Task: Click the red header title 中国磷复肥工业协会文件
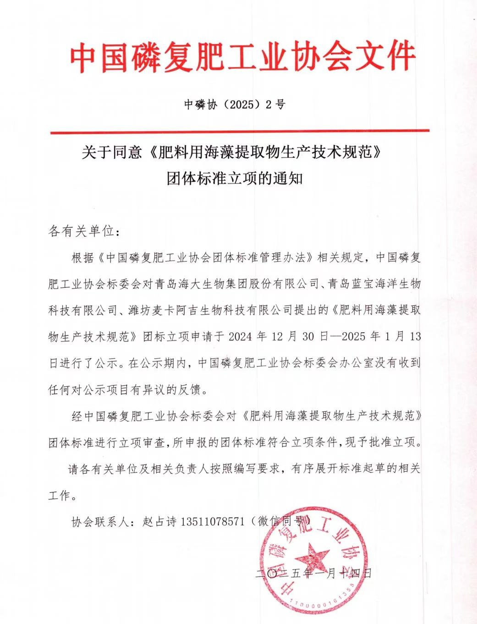[x=242, y=57]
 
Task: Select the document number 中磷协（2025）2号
[x=235, y=105]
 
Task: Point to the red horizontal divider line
[x=239, y=131]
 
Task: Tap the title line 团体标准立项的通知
[x=235, y=178]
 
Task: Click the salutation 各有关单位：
[x=84, y=231]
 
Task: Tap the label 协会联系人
[x=99, y=522]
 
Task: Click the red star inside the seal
[x=312, y=556]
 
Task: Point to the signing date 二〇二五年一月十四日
[x=313, y=574]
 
